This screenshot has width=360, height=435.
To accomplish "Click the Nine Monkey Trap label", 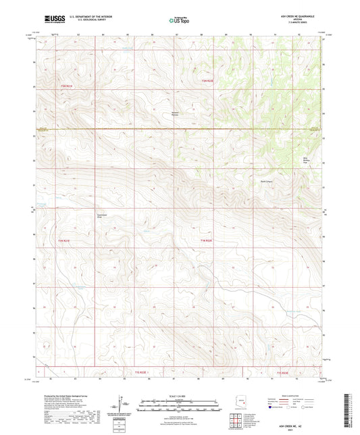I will pyautogui.click(x=305, y=161).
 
